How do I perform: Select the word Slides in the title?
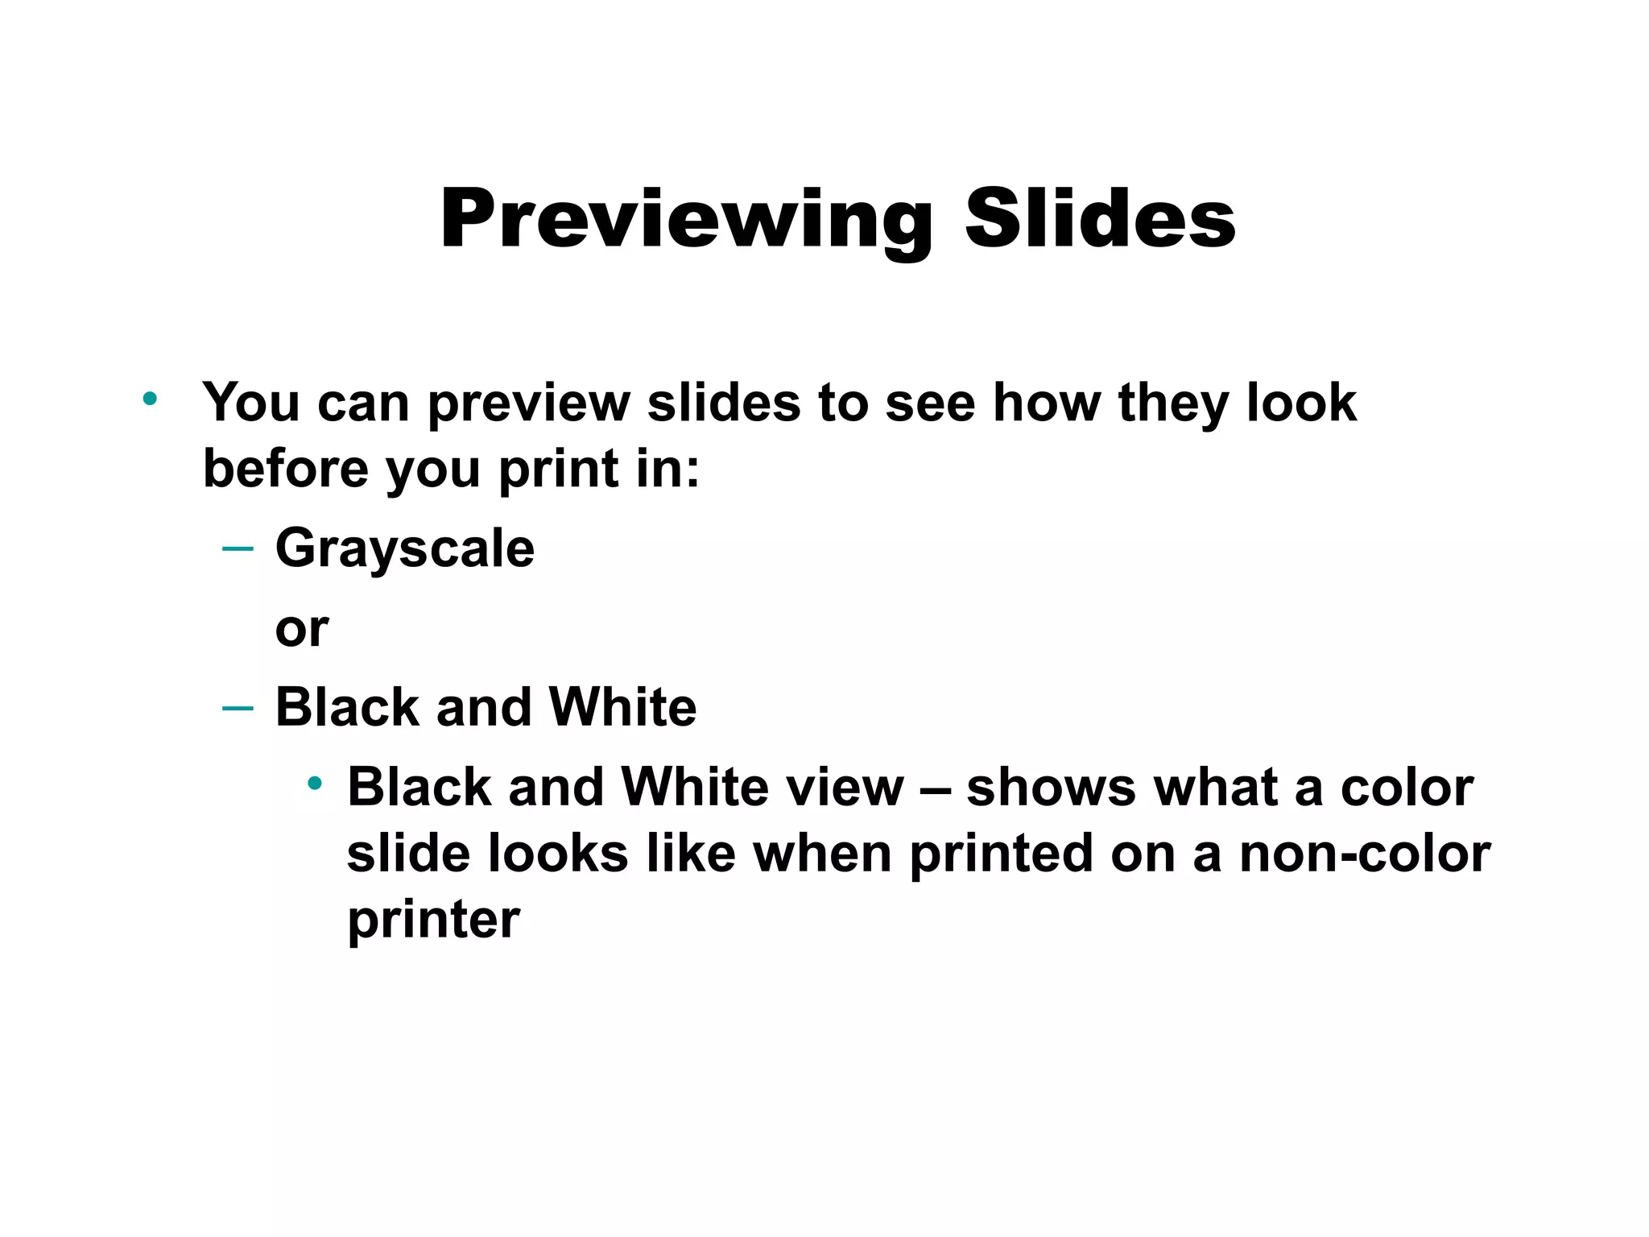(1100, 218)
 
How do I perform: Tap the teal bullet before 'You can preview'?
(150, 398)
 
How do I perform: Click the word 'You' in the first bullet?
(250, 402)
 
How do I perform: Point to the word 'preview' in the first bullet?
(528, 403)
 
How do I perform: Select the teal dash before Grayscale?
(238, 549)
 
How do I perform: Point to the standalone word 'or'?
(302, 629)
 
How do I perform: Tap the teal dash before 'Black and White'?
(238, 708)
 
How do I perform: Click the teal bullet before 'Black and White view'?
(315, 783)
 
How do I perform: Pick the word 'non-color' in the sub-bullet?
(1365, 854)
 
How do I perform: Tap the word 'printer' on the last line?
(433, 921)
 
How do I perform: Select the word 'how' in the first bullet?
(1046, 402)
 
